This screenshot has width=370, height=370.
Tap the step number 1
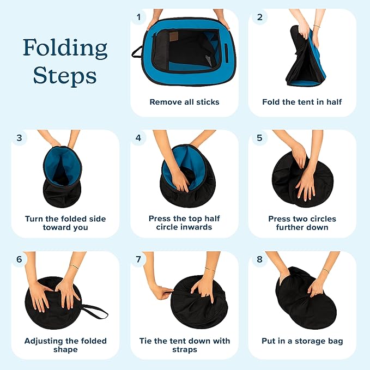[138, 17]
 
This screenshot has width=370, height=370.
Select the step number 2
[260, 17]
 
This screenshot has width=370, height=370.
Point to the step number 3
[20, 138]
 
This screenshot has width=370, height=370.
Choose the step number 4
[138, 138]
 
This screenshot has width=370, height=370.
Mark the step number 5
[259, 138]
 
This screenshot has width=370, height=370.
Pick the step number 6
[20, 259]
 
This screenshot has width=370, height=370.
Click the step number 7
[138, 259]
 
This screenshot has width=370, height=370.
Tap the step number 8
[259, 259]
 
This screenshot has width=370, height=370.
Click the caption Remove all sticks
[185, 102]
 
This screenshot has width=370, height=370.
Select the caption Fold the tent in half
[302, 102]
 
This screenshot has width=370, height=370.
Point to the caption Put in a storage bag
[302, 341]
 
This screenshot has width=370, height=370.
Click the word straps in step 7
[185, 350]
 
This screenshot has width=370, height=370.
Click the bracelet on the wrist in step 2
[317, 26]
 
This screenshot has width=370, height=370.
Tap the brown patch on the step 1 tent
[174, 35]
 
